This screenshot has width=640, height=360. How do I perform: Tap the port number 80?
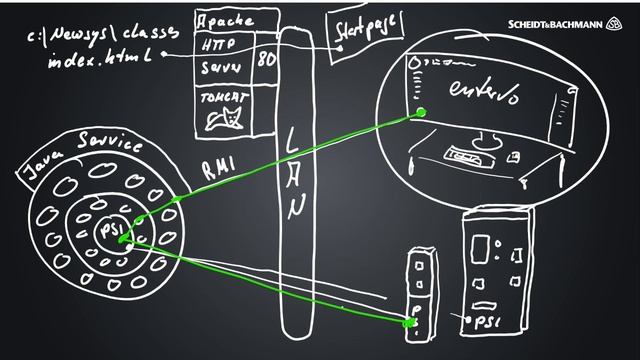266,59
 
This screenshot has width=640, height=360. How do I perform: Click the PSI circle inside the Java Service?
109,232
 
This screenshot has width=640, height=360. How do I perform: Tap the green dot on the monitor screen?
421,112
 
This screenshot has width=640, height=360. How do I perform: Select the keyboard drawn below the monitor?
464,155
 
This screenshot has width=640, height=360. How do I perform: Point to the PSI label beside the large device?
486,322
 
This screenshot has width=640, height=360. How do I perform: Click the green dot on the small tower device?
408,322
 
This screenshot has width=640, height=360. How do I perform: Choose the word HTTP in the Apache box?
219,44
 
